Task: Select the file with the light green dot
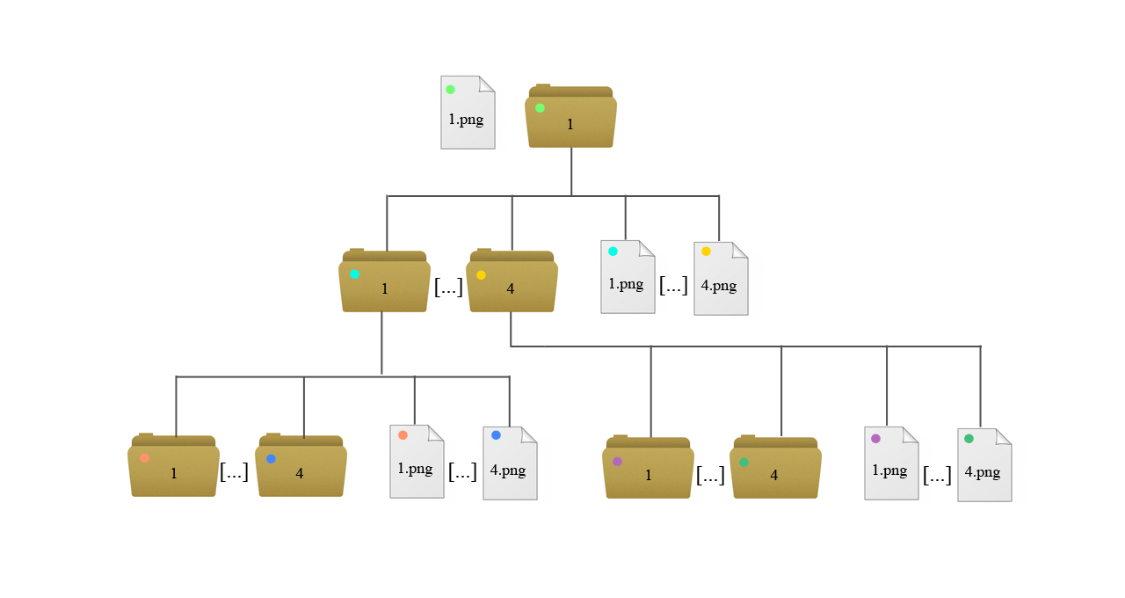[x=467, y=113]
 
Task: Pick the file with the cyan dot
[x=628, y=277]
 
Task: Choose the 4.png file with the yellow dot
[x=721, y=279]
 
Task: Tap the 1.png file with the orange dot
[x=417, y=462]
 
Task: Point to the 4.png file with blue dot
[x=510, y=463]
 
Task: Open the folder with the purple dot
[x=648, y=469]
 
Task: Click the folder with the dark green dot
[x=775, y=469]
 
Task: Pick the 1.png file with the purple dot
[x=891, y=463]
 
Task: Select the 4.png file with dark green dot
[x=984, y=465]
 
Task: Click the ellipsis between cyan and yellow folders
[x=448, y=287]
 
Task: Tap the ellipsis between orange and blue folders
[x=234, y=471]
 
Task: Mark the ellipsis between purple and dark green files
[x=938, y=475]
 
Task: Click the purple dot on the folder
[x=617, y=461]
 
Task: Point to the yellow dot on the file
[x=706, y=252]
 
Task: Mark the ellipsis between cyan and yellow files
[x=673, y=285]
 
